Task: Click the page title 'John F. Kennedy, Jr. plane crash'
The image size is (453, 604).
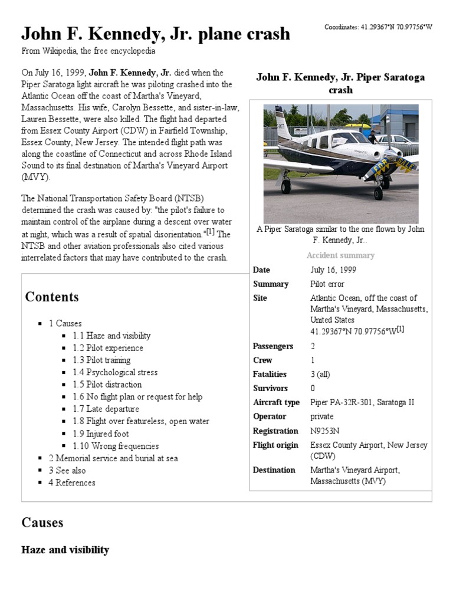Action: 156,34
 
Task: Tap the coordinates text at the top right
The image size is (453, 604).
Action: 379,28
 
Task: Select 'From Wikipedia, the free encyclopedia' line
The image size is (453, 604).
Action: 88,51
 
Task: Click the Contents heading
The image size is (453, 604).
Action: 52,297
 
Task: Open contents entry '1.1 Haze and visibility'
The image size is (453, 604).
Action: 111,336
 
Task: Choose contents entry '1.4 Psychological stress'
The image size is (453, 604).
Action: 115,372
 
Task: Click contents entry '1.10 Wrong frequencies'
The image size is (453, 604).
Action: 116,446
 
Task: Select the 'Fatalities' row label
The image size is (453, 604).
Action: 270,374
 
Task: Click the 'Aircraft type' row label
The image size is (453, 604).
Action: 276,402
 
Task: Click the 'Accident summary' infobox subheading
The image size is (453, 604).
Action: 340,255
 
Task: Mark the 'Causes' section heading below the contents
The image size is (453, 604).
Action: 42,523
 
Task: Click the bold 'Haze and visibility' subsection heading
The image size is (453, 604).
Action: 65,550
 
